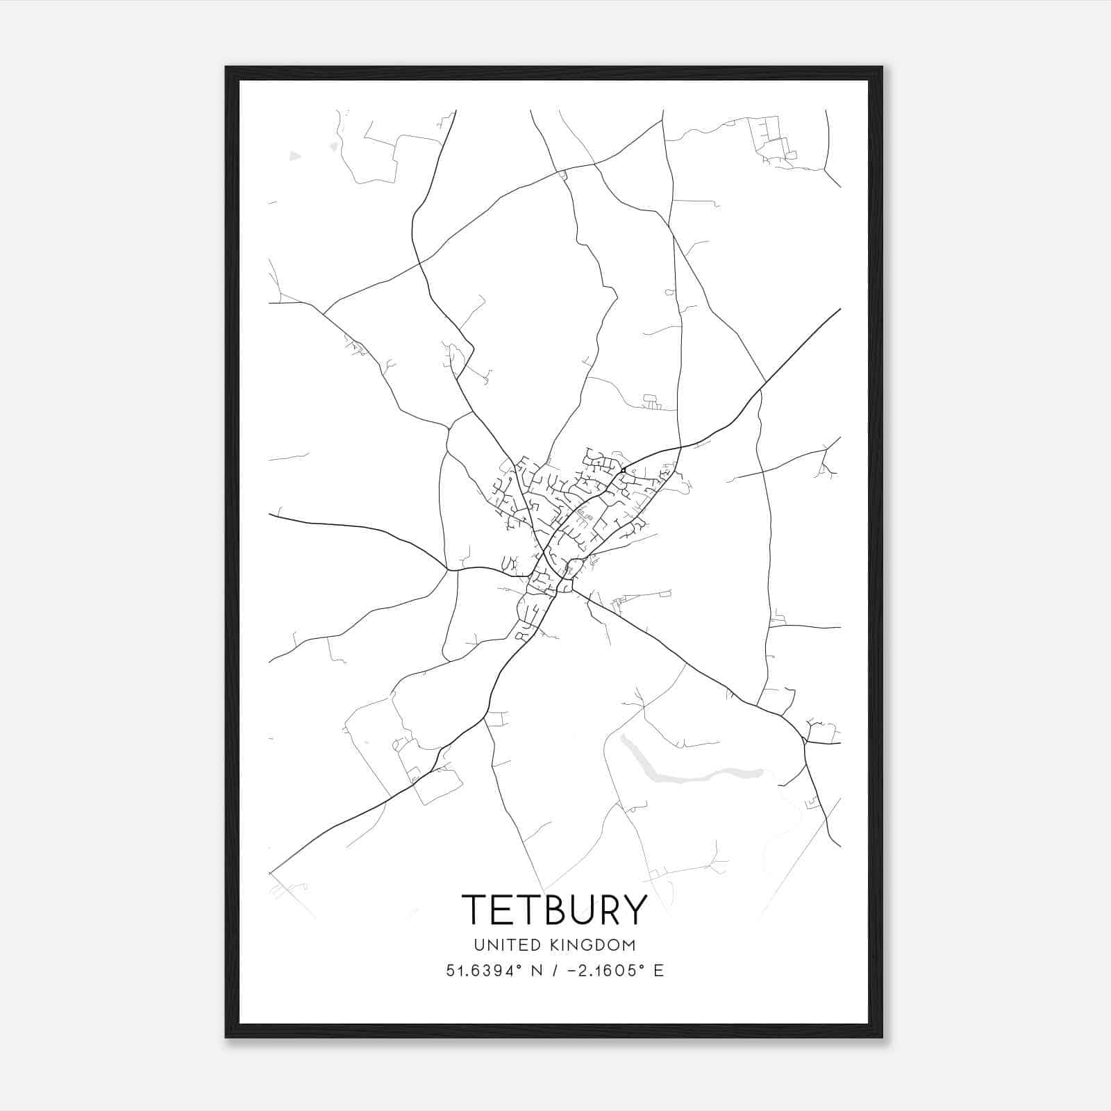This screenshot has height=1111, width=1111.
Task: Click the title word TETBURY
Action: point(555,909)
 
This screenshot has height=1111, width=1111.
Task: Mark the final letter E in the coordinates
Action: point(658,971)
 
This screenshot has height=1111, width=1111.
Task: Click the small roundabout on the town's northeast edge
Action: point(624,471)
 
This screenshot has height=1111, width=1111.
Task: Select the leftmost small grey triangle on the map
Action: point(295,156)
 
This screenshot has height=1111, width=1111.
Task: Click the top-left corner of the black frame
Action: point(226,67)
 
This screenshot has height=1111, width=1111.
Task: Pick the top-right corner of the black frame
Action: point(882,67)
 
